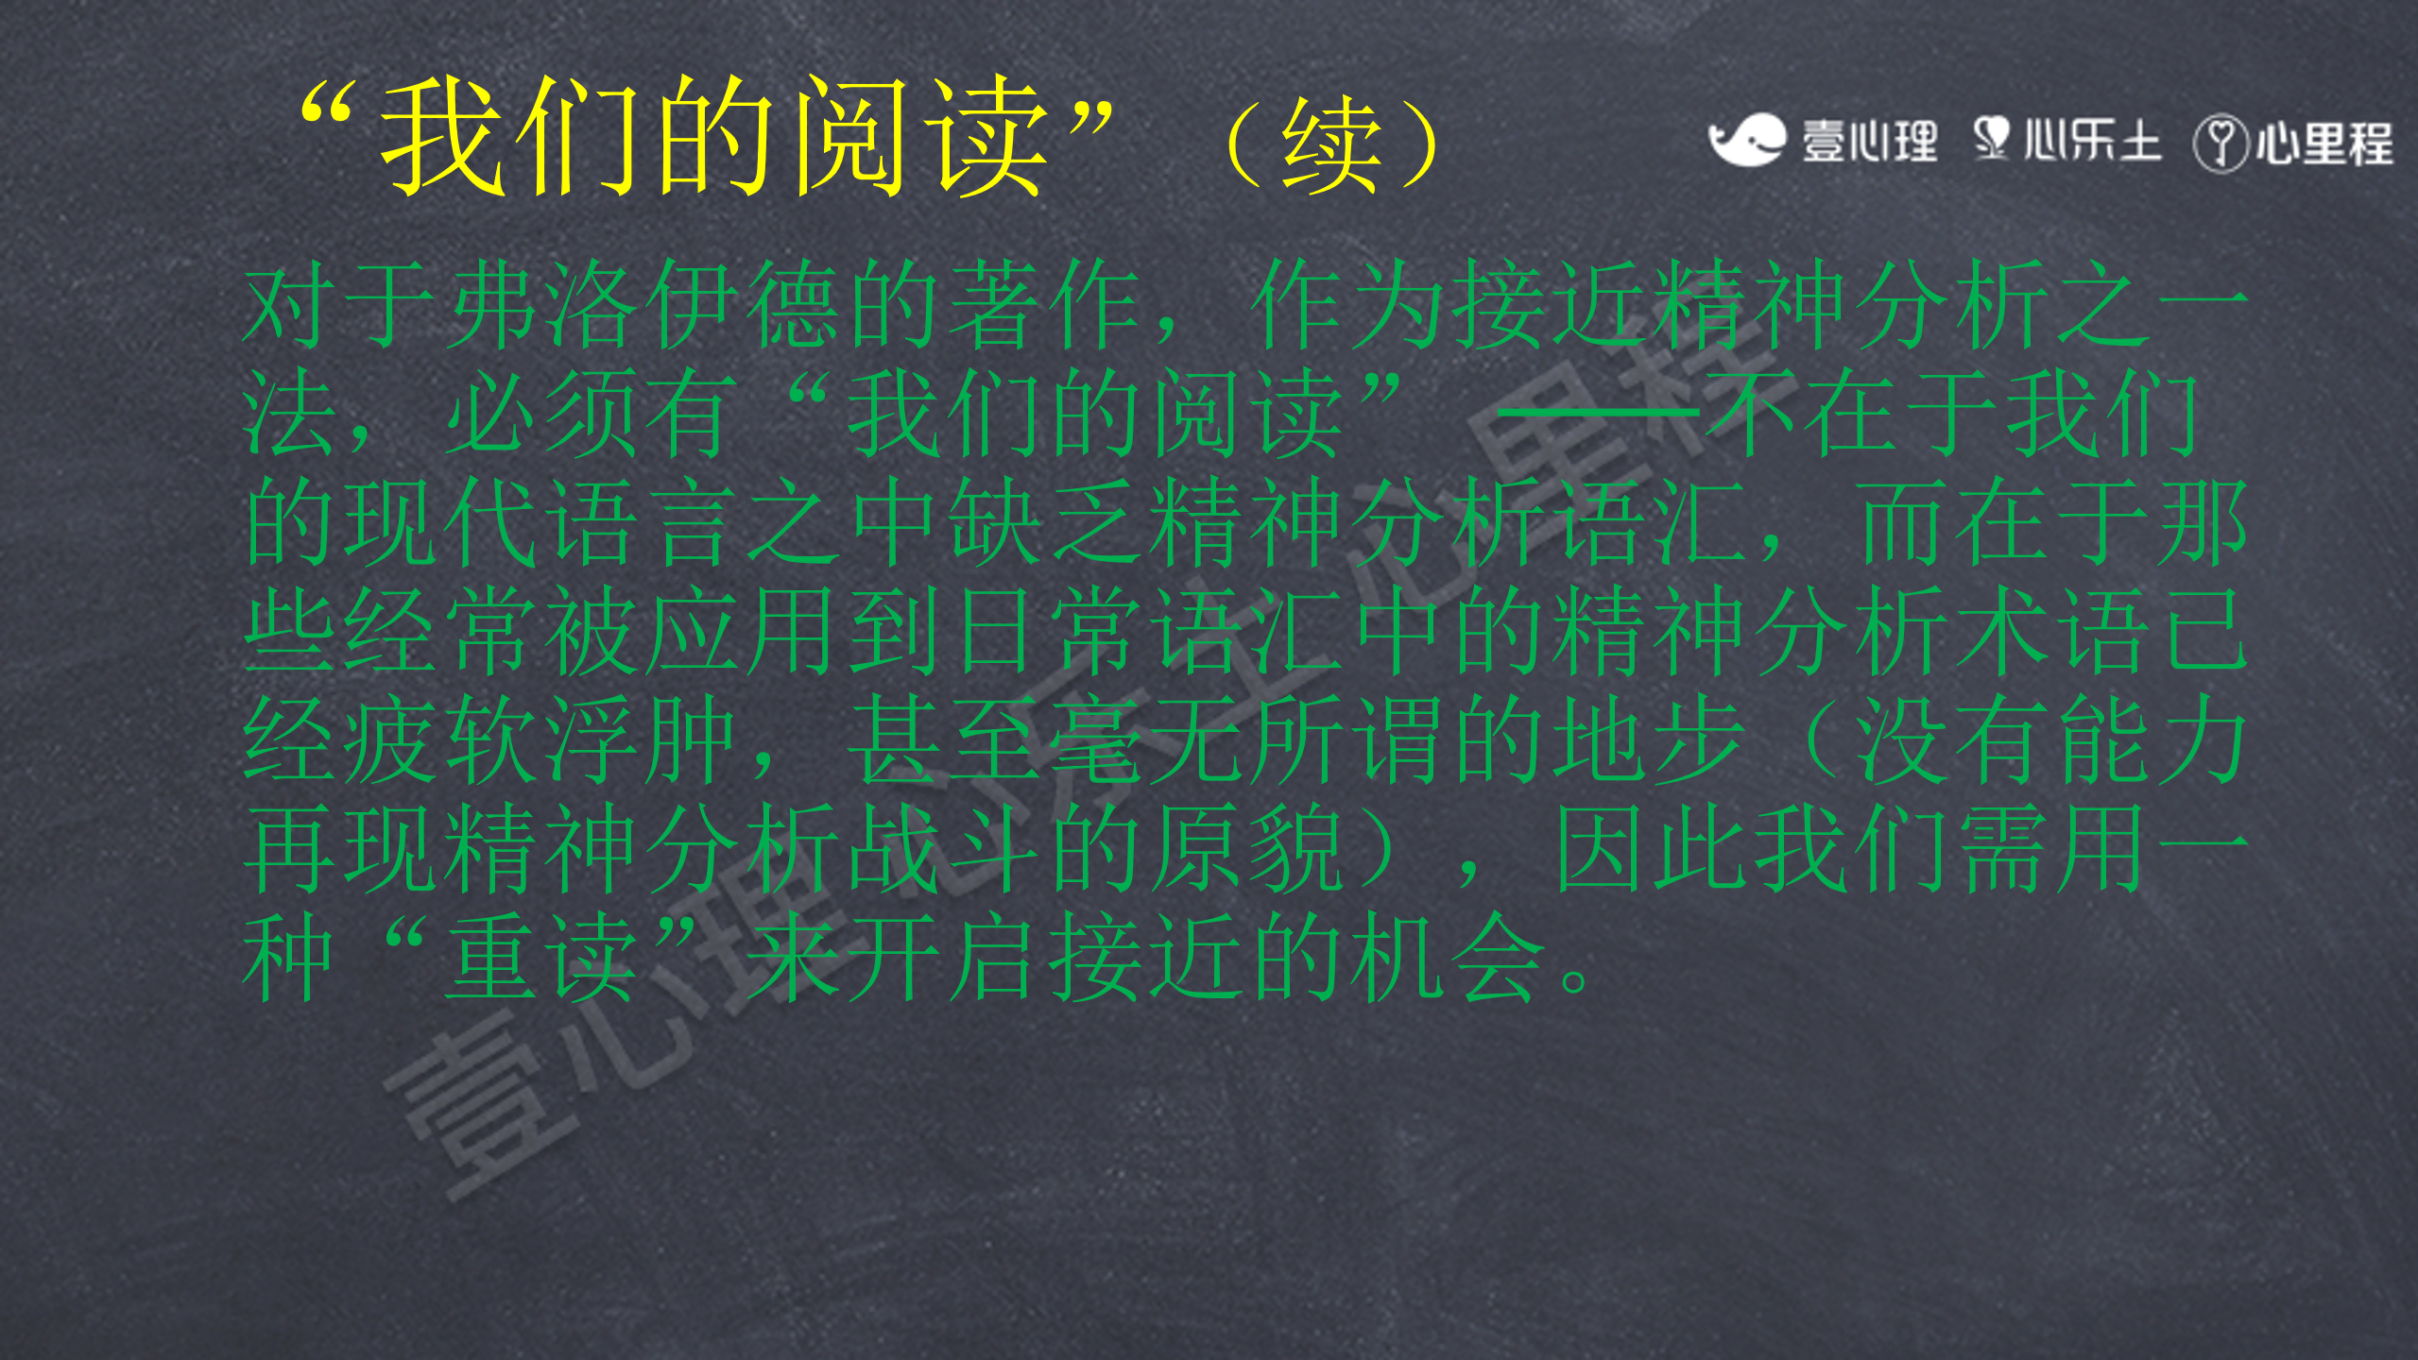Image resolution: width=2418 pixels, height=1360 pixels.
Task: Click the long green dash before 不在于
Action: point(1600,413)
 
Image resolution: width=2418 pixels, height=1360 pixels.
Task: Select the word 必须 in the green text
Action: point(543,413)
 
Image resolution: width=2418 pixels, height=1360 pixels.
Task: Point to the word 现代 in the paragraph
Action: point(443,521)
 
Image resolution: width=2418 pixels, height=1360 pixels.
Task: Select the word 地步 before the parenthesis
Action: point(1647,739)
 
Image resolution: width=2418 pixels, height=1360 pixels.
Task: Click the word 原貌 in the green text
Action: point(1246,847)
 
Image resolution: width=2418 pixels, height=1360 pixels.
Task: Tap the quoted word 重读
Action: point(543,956)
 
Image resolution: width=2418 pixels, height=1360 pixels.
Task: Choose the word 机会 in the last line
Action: point(1446,956)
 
